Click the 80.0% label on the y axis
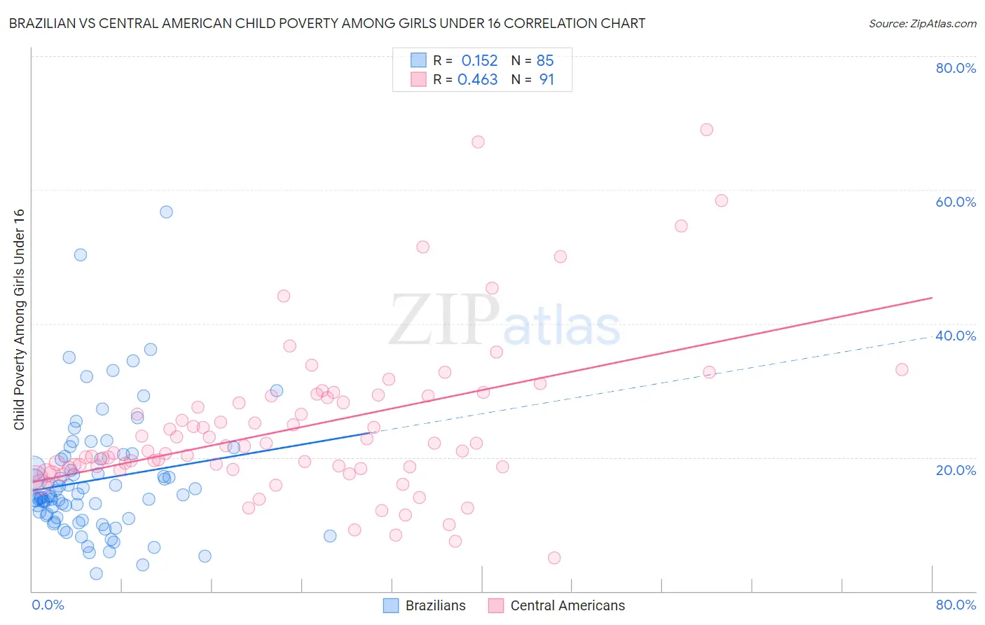pos(956,68)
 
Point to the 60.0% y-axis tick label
pos(956,202)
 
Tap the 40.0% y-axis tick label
pos(956,336)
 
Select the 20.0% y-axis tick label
pos(956,469)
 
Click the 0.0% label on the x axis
pos(48,605)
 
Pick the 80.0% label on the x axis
pos(956,605)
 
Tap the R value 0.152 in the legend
pos(479,61)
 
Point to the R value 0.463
pos(478,80)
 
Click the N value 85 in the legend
pos(545,61)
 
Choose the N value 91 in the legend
pos(546,80)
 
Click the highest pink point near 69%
pos(707,130)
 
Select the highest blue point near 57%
pos(166,212)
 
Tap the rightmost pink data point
pos(902,369)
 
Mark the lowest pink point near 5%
pos(554,558)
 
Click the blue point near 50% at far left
pos(81,255)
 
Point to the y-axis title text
pos(19,320)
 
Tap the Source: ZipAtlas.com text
pos(922,23)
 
